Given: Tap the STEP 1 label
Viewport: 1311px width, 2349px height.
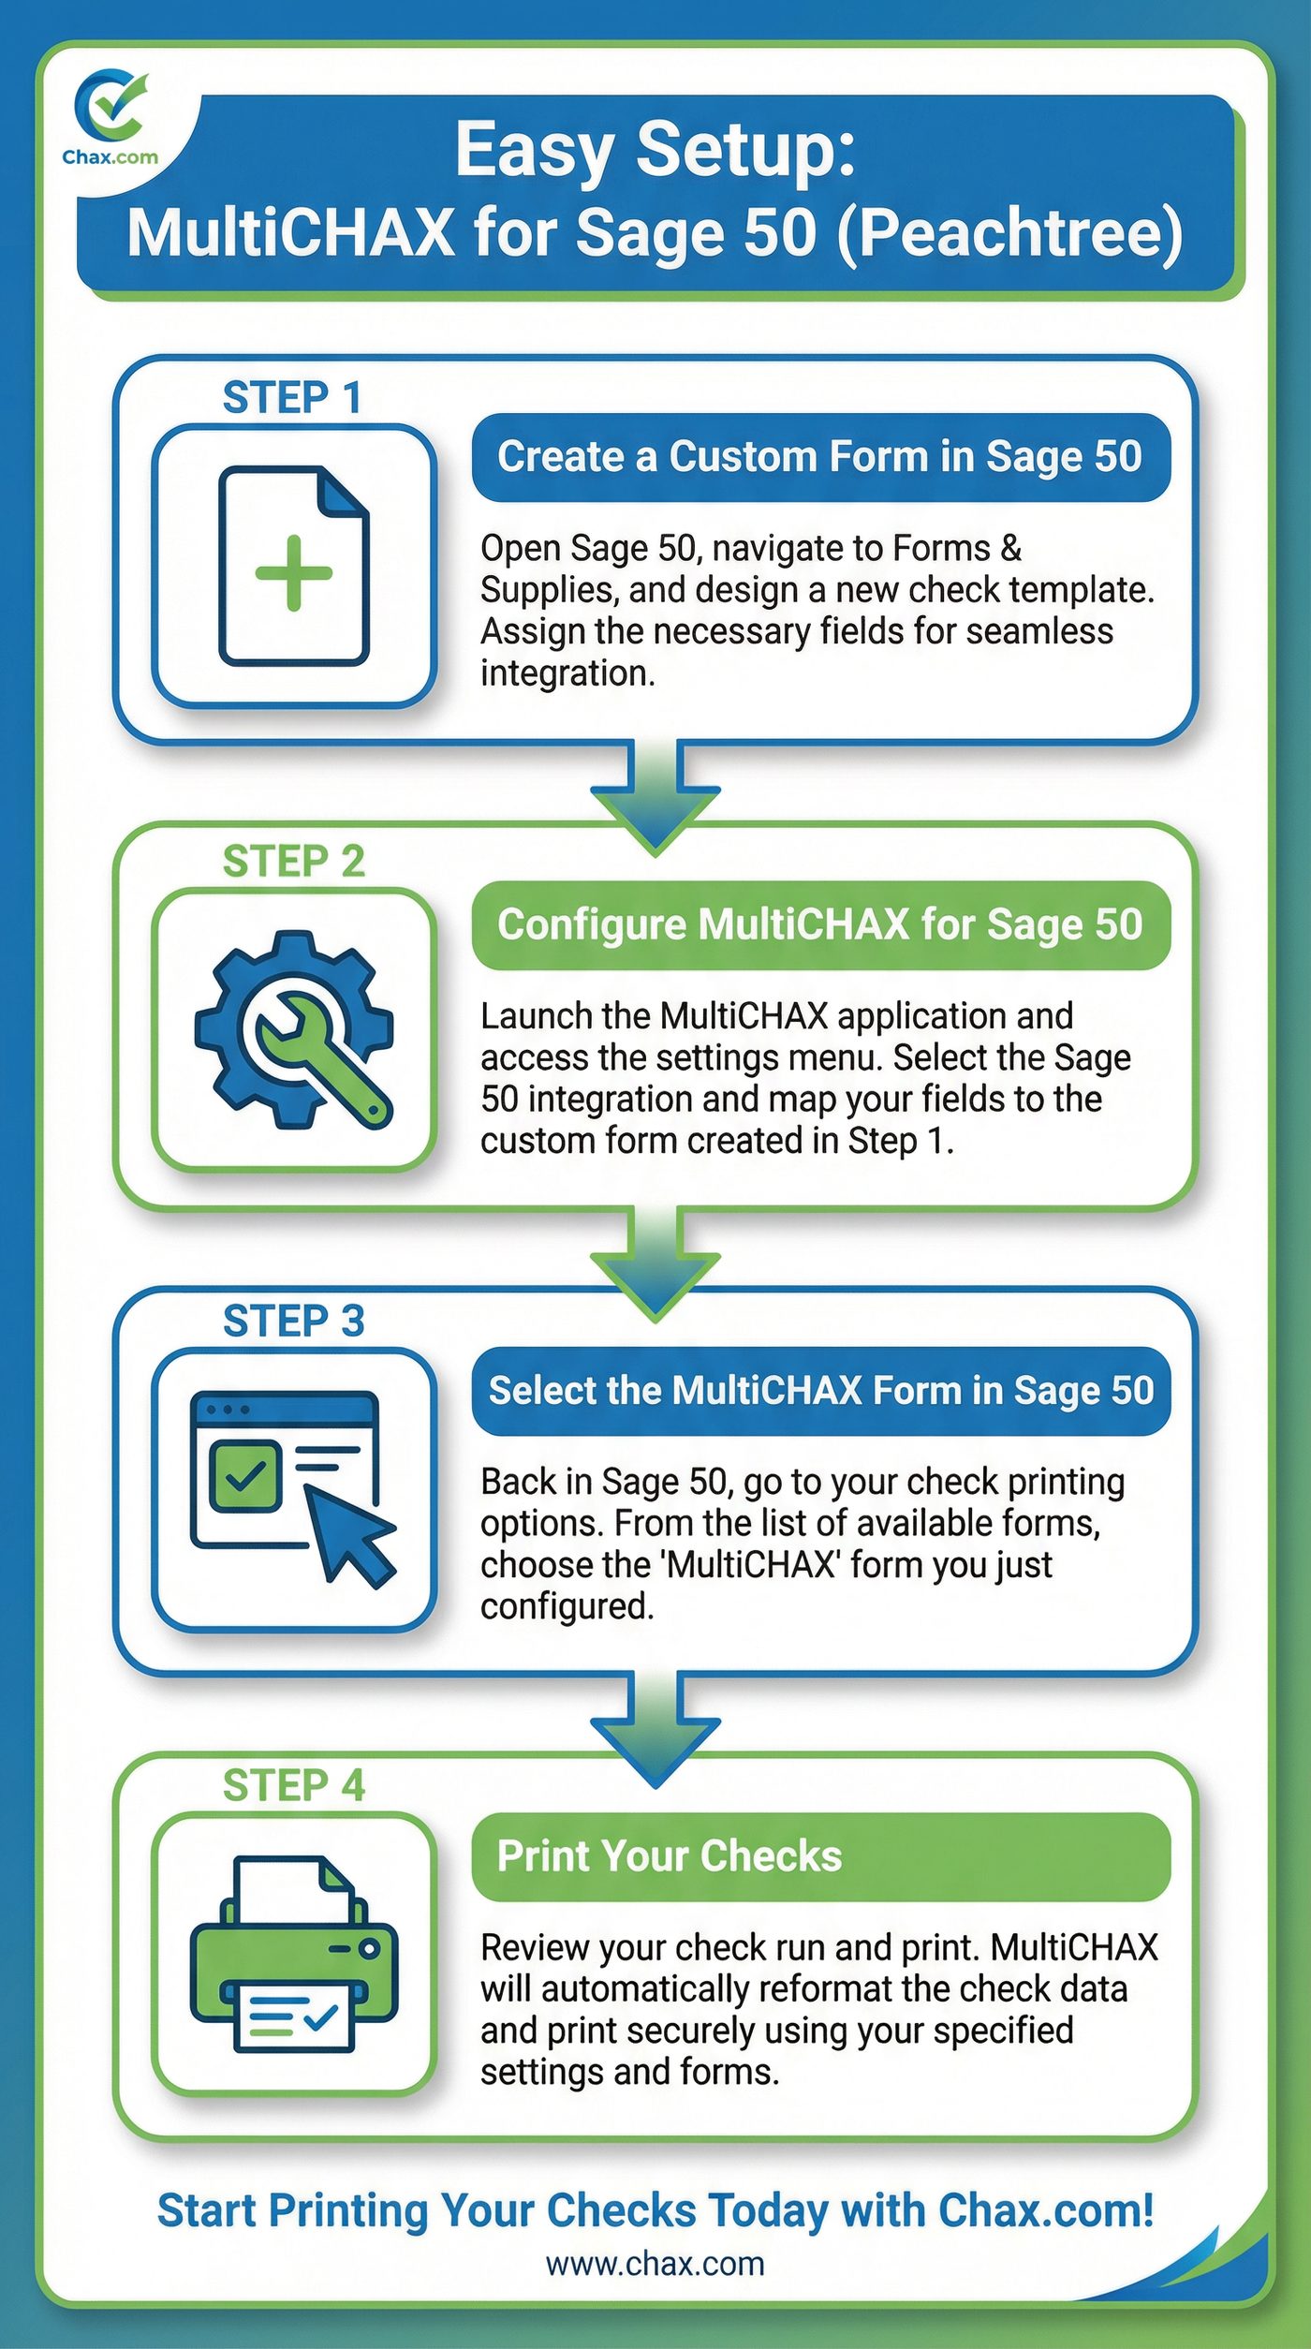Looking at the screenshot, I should point(292,398).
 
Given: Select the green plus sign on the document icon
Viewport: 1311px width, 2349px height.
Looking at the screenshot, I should point(294,572).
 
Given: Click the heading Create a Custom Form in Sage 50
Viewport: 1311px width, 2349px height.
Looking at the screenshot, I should point(819,457).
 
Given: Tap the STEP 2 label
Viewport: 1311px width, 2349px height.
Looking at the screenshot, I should point(293,862).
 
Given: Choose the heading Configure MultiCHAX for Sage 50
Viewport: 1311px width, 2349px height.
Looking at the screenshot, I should point(819,924).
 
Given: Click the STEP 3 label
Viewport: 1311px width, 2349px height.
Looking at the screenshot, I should point(293,1322).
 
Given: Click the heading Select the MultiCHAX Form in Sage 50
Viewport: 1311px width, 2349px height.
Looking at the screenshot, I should point(821,1391).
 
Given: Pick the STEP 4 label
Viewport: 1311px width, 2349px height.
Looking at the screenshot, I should point(293,1786).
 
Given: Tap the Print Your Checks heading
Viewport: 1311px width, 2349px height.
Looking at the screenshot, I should point(670,1856).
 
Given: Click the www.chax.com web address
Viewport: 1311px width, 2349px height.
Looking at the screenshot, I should point(655,2263).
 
